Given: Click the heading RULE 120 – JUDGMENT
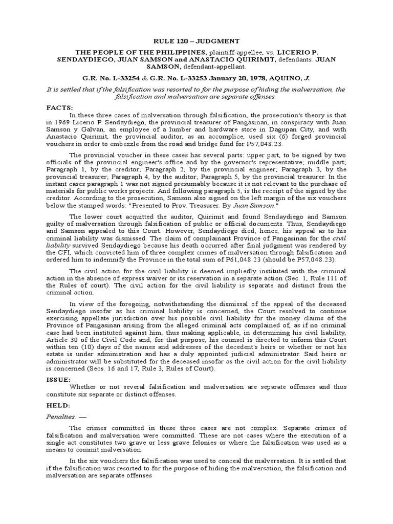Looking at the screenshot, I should pyautogui.click(x=196, y=41).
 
